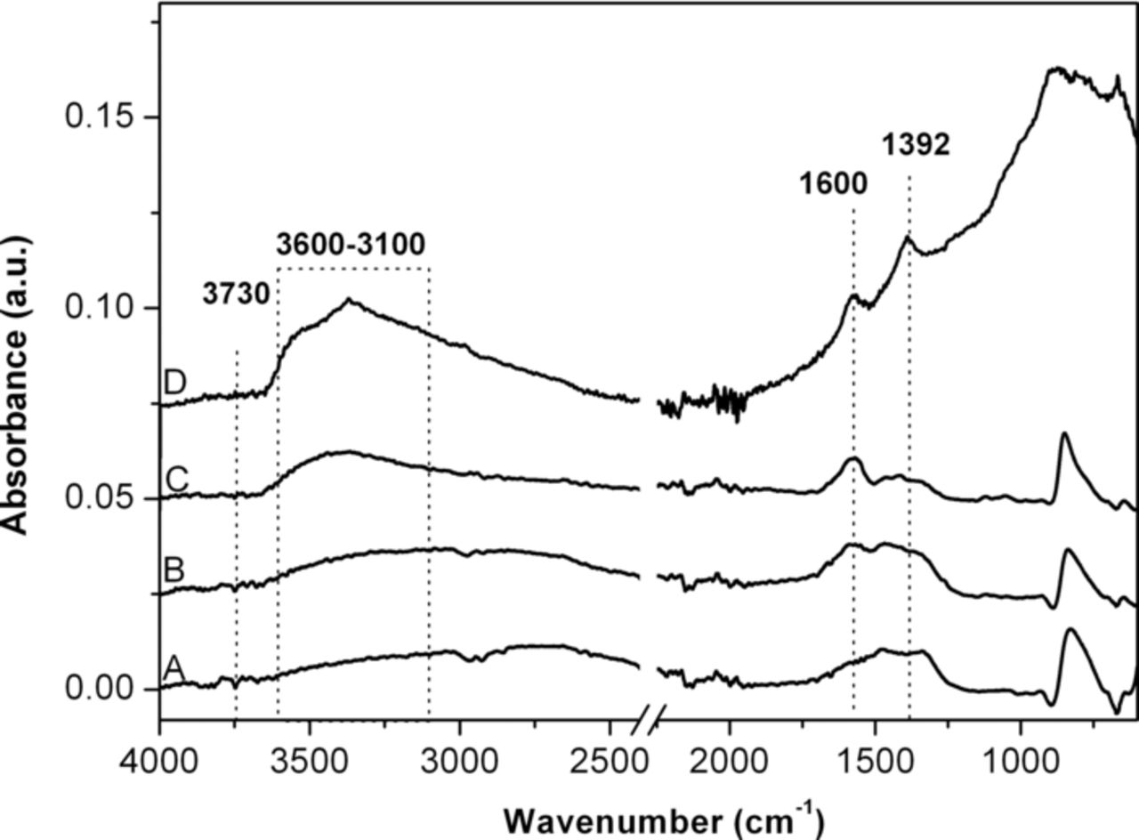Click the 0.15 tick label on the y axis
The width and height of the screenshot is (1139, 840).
click(101, 117)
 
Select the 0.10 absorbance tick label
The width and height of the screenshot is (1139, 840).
click(101, 308)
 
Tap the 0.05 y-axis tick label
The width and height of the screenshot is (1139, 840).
click(101, 498)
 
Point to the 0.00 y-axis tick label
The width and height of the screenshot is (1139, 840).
click(101, 689)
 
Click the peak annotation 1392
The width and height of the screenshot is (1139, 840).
click(916, 145)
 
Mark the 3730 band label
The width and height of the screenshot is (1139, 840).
click(236, 295)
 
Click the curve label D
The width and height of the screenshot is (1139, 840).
click(174, 383)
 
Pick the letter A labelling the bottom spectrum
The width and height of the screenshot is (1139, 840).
click(174, 667)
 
